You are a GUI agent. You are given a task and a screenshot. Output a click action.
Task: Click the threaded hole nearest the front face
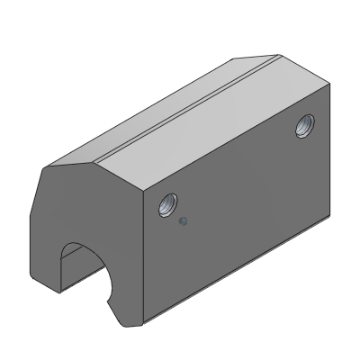(166, 206)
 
